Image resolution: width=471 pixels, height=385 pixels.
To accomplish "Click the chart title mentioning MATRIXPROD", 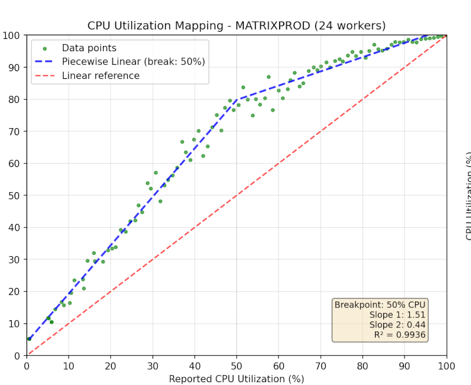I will (236, 25).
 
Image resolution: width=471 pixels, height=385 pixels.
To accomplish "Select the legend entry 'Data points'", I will (89, 48).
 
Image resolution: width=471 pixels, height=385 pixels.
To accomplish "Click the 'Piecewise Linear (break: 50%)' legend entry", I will (133, 62).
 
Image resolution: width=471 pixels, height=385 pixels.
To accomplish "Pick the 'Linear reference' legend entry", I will (101, 76).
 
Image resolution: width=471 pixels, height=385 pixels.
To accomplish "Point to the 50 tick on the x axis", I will (237, 366).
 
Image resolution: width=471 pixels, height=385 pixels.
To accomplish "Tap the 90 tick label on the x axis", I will (404, 366).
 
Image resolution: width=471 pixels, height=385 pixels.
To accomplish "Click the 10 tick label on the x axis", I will (69, 366).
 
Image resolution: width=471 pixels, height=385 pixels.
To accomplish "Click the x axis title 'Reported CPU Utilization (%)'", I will (236, 379).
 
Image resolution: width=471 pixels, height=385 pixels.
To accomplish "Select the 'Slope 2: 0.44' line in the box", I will (397, 325).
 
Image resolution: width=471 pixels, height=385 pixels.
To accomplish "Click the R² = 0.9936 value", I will (400, 335).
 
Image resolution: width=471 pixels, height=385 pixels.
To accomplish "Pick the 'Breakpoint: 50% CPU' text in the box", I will (380, 305).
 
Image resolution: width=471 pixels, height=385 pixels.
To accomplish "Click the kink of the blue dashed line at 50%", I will (237, 99).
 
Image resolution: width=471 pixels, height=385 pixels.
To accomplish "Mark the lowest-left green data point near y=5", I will (29, 339).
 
